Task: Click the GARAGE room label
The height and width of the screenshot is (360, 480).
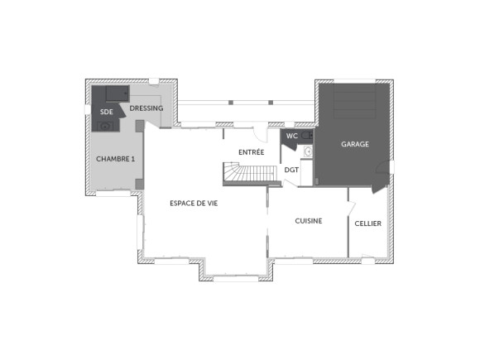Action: pos(355,144)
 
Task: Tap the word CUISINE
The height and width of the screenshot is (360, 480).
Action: pos(309,221)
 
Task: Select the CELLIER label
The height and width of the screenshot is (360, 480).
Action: pos(368,223)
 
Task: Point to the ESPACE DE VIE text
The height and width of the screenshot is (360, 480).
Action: pos(193,203)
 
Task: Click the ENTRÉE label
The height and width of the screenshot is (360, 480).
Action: pos(252,152)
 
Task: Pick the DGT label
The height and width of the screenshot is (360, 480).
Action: pos(291,170)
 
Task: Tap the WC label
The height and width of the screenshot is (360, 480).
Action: pos(291,136)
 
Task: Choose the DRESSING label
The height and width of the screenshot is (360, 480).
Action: pos(146,108)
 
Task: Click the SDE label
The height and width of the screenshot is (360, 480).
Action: pos(106,111)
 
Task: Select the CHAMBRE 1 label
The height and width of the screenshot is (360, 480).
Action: pos(115,158)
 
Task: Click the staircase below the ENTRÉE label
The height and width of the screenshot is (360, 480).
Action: pos(249,174)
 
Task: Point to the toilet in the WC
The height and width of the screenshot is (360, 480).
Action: pos(306,135)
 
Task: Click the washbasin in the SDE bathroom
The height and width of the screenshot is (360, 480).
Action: pos(105,126)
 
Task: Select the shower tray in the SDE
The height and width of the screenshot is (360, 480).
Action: pos(110,92)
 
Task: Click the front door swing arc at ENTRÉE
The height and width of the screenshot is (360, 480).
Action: pos(260,133)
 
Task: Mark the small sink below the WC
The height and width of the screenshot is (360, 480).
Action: pos(307,151)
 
